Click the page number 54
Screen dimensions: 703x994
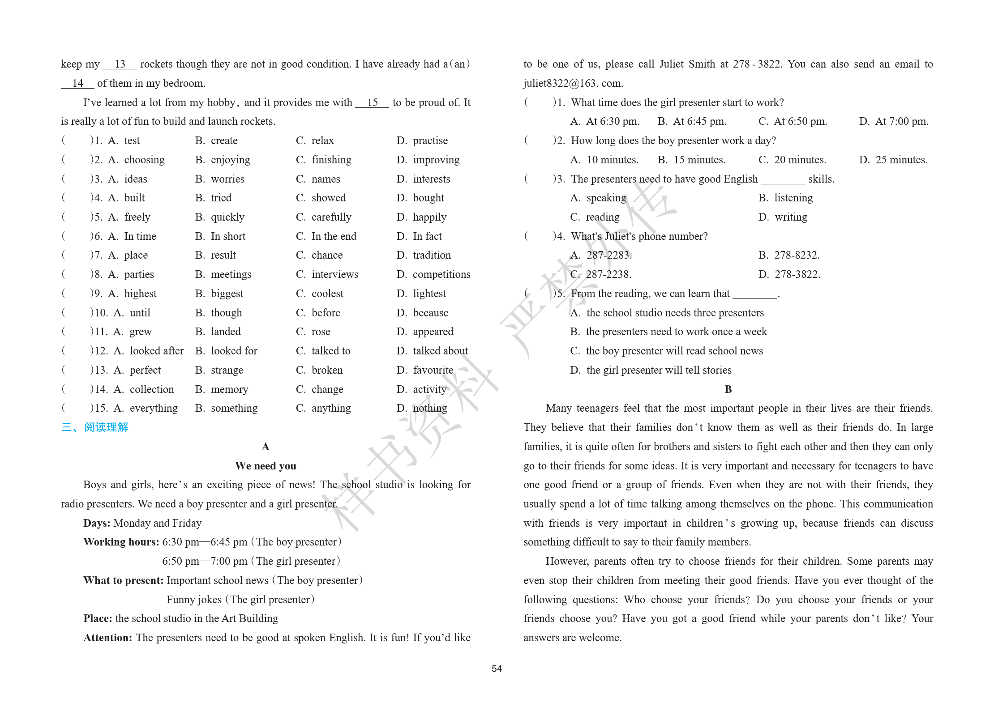point(497,669)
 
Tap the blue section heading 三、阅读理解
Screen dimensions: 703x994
point(94,427)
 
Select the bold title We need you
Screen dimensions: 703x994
point(266,466)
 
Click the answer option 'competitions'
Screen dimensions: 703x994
point(441,274)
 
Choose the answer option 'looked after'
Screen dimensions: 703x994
point(156,351)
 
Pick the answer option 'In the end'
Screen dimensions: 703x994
point(334,236)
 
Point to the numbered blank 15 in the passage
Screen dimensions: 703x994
point(372,102)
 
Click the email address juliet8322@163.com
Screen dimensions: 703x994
point(573,83)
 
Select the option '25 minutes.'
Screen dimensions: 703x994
point(901,160)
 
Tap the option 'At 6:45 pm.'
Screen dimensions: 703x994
point(699,121)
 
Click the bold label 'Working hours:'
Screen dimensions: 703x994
point(121,542)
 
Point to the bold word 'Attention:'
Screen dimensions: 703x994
point(107,638)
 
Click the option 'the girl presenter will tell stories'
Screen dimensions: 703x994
point(659,370)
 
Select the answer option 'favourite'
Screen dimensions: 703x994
point(433,370)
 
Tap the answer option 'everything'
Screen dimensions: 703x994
point(153,408)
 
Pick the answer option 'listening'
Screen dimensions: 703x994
point(793,198)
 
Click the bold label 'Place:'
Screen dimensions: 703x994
point(97,618)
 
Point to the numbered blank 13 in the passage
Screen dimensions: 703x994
point(120,64)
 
